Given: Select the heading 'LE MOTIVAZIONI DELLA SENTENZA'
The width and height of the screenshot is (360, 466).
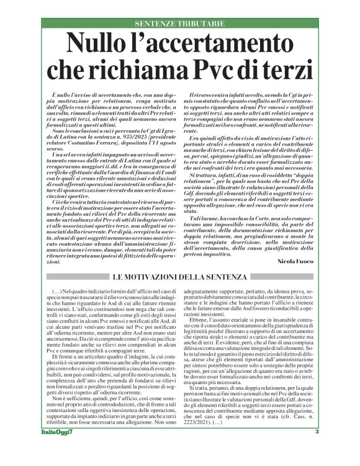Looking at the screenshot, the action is click(179, 274).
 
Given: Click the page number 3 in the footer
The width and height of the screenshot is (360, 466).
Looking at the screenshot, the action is click(317, 449).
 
